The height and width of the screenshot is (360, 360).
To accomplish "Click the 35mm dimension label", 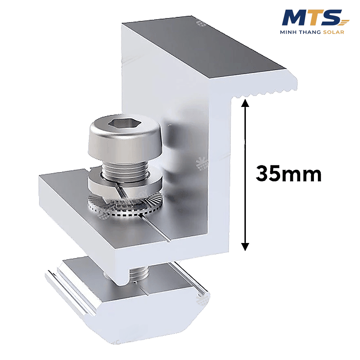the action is tap(289, 174).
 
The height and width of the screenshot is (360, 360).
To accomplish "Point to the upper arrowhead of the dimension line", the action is tap(245, 104).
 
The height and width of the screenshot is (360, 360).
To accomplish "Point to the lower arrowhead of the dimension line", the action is tap(245, 247).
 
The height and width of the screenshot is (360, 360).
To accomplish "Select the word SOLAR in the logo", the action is tap(334, 32).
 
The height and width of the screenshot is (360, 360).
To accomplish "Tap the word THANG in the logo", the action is tap(310, 32).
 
